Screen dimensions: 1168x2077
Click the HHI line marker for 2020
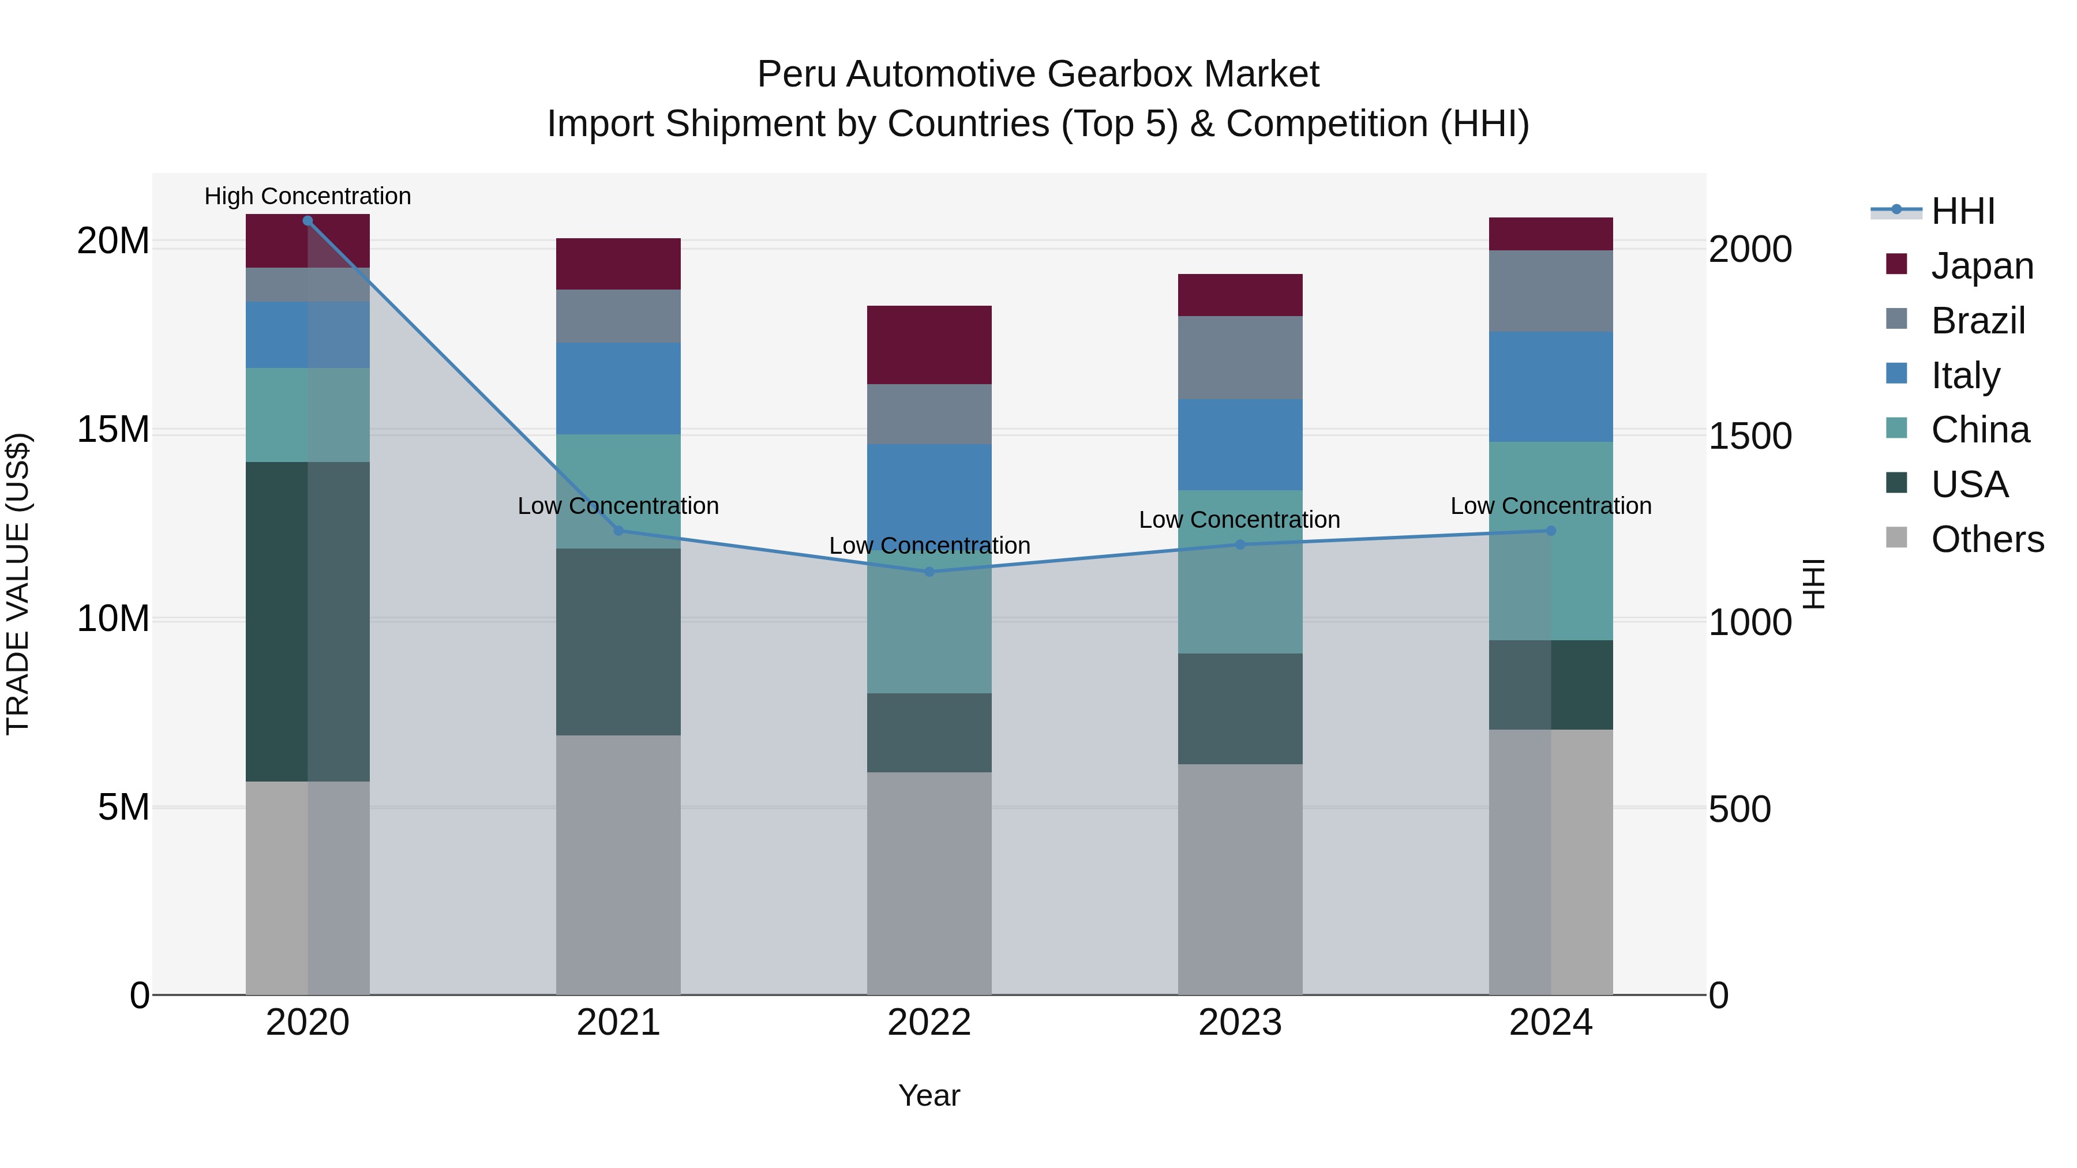[307, 221]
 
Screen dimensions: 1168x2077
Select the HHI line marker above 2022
[929, 572]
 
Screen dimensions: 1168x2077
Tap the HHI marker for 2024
[1550, 531]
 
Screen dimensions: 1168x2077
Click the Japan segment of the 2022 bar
[929, 345]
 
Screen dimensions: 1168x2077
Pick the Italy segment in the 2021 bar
[618, 389]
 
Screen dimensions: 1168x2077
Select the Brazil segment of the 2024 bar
[1550, 291]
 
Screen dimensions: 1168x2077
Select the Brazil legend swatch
[1897, 319]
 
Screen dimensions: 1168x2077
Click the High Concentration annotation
[307, 197]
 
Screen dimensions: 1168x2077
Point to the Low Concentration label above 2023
[1239, 520]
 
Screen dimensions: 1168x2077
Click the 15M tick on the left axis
[113, 430]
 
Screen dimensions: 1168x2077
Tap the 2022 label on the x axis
[929, 1023]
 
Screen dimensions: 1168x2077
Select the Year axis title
[929, 1095]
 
